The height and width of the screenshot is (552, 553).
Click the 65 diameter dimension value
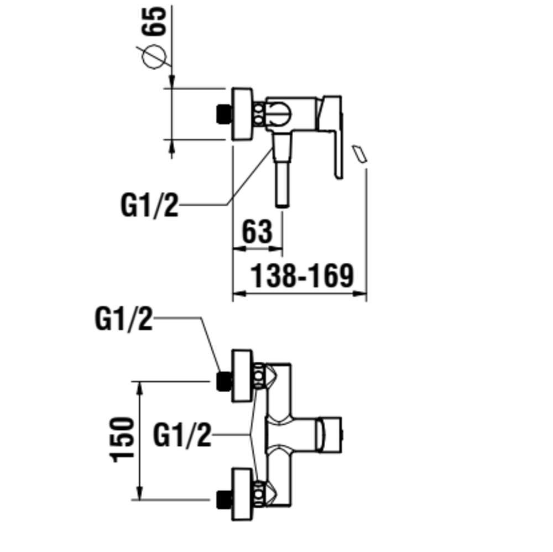click(x=158, y=21)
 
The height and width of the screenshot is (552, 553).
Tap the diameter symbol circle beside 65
click(x=154, y=56)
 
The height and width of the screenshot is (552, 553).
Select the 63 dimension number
click(x=257, y=232)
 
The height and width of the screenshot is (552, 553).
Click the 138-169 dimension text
click(x=302, y=275)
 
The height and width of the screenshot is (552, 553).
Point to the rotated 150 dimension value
click(x=123, y=440)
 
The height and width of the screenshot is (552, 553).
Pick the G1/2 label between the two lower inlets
click(x=182, y=435)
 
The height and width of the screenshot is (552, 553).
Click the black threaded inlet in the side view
click(x=223, y=113)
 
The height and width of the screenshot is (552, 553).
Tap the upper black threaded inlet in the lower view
click(x=223, y=381)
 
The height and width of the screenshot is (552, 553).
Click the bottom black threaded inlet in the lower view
click(x=223, y=499)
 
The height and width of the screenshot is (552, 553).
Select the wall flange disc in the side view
click(x=241, y=114)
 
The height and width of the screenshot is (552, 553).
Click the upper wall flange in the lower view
click(x=241, y=377)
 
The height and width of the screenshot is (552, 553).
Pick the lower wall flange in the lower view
click(x=241, y=494)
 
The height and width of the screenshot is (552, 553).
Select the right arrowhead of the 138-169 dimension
click(x=362, y=294)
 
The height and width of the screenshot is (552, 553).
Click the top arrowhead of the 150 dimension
click(x=140, y=386)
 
